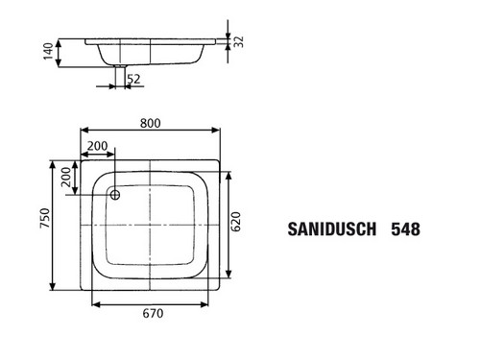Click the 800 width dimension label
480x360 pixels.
pos(150,123)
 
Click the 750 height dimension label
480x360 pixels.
pos(45,218)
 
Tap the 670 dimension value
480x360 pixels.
pos(153,313)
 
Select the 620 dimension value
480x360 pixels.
pos(236,222)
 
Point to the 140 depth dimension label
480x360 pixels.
pos(48,51)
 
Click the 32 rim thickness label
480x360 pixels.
pos(238,42)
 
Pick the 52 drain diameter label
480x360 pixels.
pos(133,79)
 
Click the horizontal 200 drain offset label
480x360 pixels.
pos(98,146)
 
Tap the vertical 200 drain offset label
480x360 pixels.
pos(66,177)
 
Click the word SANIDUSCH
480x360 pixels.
pos(332,229)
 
